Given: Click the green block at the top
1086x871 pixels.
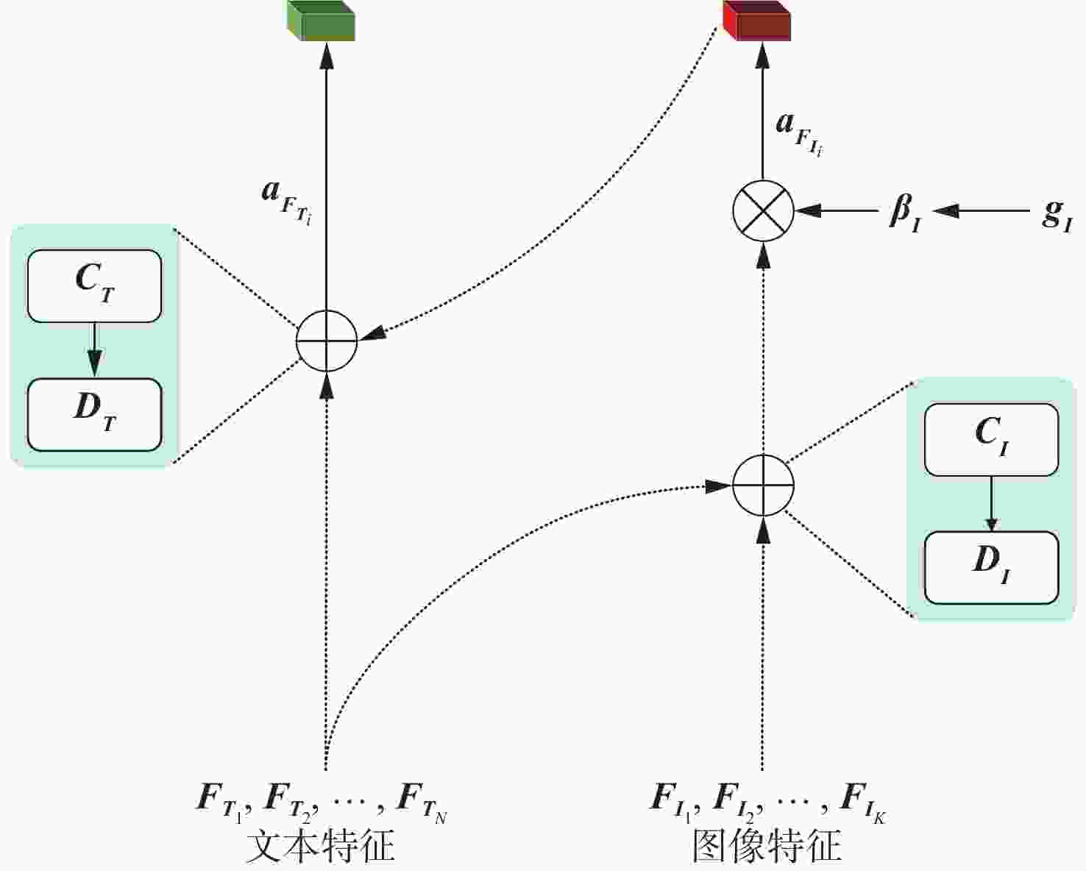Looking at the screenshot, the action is [321, 20].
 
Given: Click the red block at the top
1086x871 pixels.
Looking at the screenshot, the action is [756, 20].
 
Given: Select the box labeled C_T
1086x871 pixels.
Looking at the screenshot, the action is [94, 285].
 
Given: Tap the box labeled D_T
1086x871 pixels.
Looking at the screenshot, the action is [94, 415].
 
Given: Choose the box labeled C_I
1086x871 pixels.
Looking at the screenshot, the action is [991, 439].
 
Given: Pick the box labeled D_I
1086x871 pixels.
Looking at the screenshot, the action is [991, 568].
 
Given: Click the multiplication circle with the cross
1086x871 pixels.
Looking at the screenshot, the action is [763, 210].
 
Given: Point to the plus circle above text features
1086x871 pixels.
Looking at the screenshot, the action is [327, 341].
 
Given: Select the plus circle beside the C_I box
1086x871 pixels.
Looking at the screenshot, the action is [763, 486].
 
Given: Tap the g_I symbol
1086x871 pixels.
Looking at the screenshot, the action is [1057, 216].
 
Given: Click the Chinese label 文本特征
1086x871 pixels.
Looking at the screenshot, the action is [321, 847].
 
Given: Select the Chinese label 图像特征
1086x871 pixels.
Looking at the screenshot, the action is [766, 847].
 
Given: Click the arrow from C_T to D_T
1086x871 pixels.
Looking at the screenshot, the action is [94, 350].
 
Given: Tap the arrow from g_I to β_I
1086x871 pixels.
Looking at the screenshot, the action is [981, 210].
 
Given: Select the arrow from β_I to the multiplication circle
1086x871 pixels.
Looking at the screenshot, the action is [836, 210].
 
